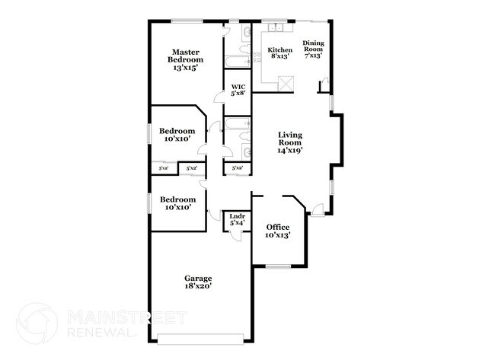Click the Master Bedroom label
click(x=185, y=56)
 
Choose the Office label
click(x=276, y=227)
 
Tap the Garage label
click(x=198, y=278)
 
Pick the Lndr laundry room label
click(x=237, y=217)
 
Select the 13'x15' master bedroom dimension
click(x=185, y=68)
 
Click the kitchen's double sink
click(x=276, y=29)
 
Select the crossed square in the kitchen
click(x=286, y=83)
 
